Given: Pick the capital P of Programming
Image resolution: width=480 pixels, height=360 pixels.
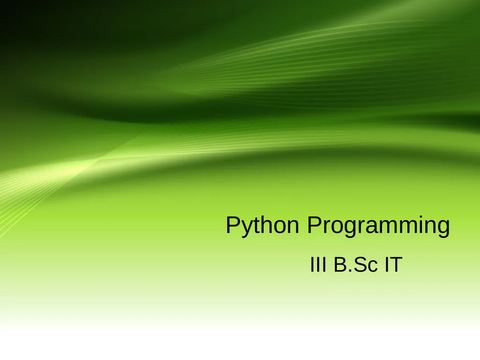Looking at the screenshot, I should point(315,225).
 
